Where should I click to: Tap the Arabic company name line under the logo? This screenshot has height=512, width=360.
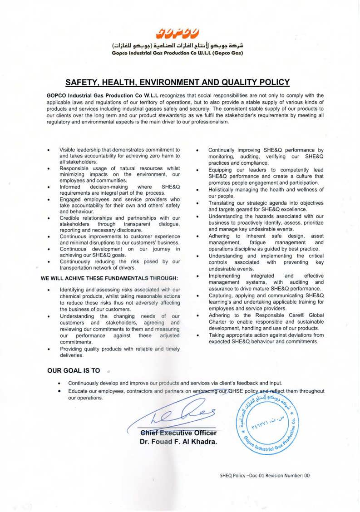(178, 46)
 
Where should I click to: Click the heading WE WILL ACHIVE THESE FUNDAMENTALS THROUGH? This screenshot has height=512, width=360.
(109, 277)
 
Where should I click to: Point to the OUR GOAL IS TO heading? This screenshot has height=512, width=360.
(74, 370)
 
